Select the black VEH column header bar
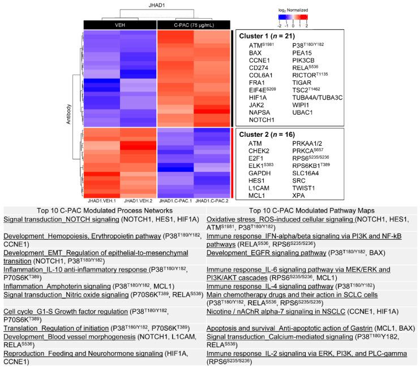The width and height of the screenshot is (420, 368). [x=119, y=24]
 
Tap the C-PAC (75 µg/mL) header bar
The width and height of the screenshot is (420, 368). [x=193, y=24]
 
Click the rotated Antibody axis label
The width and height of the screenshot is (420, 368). [x=69, y=122]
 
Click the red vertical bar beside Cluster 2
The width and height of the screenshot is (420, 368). [x=234, y=162]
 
